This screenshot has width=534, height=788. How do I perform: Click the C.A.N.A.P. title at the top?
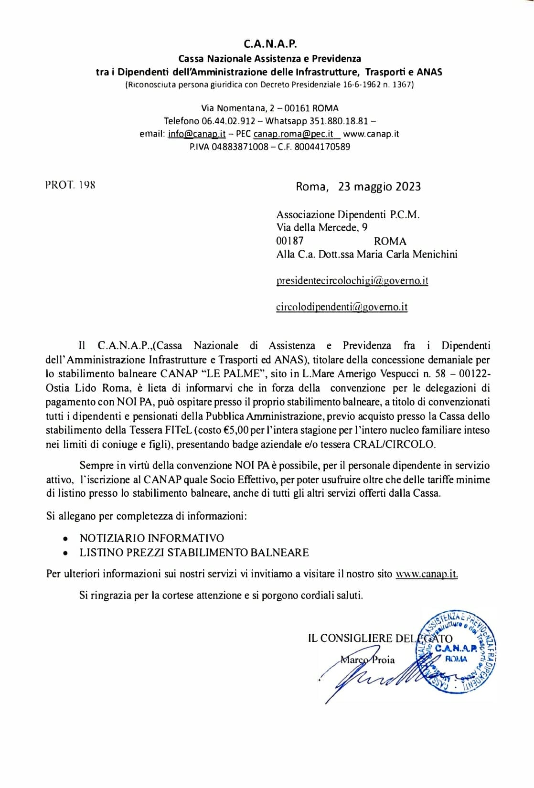[270, 44]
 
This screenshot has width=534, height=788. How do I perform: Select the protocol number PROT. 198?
[70, 185]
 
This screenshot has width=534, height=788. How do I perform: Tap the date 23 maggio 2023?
[379, 186]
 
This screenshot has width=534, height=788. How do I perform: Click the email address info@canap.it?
[197, 134]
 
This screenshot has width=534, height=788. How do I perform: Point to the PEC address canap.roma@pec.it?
[293, 134]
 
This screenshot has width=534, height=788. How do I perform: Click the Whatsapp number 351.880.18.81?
[339, 121]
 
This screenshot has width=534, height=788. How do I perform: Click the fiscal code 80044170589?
[322, 147]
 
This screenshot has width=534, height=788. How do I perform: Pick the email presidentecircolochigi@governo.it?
[352, 281]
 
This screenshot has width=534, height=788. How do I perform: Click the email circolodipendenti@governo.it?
[342, 307]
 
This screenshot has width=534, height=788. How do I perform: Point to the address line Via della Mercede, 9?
[322, 228]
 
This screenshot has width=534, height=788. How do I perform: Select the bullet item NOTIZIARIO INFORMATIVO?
[151, 538]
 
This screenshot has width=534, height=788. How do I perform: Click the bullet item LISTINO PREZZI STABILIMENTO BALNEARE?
[194, 553]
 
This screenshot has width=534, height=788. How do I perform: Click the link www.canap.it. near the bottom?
[427, 574]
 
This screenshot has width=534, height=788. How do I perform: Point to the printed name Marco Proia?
[367, 660]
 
